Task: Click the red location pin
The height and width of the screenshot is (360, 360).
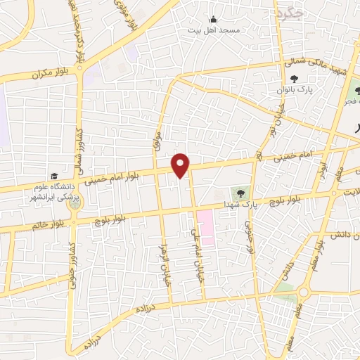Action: pos(181,165)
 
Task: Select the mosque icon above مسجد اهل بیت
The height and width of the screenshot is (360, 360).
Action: pos(214,19)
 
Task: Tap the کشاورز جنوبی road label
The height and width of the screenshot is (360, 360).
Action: pos(72,264)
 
